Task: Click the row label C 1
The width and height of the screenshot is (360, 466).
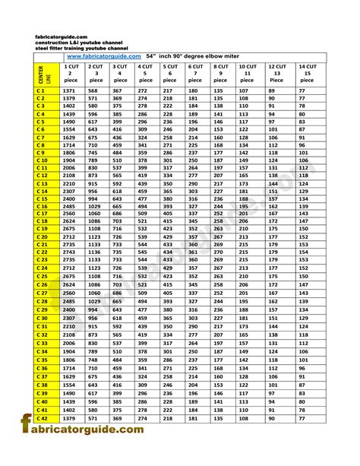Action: click(x=41, y=90)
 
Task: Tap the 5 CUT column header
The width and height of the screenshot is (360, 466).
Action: click(x=169, y=73)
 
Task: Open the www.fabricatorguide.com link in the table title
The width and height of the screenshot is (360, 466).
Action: click(x=104, y=55)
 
